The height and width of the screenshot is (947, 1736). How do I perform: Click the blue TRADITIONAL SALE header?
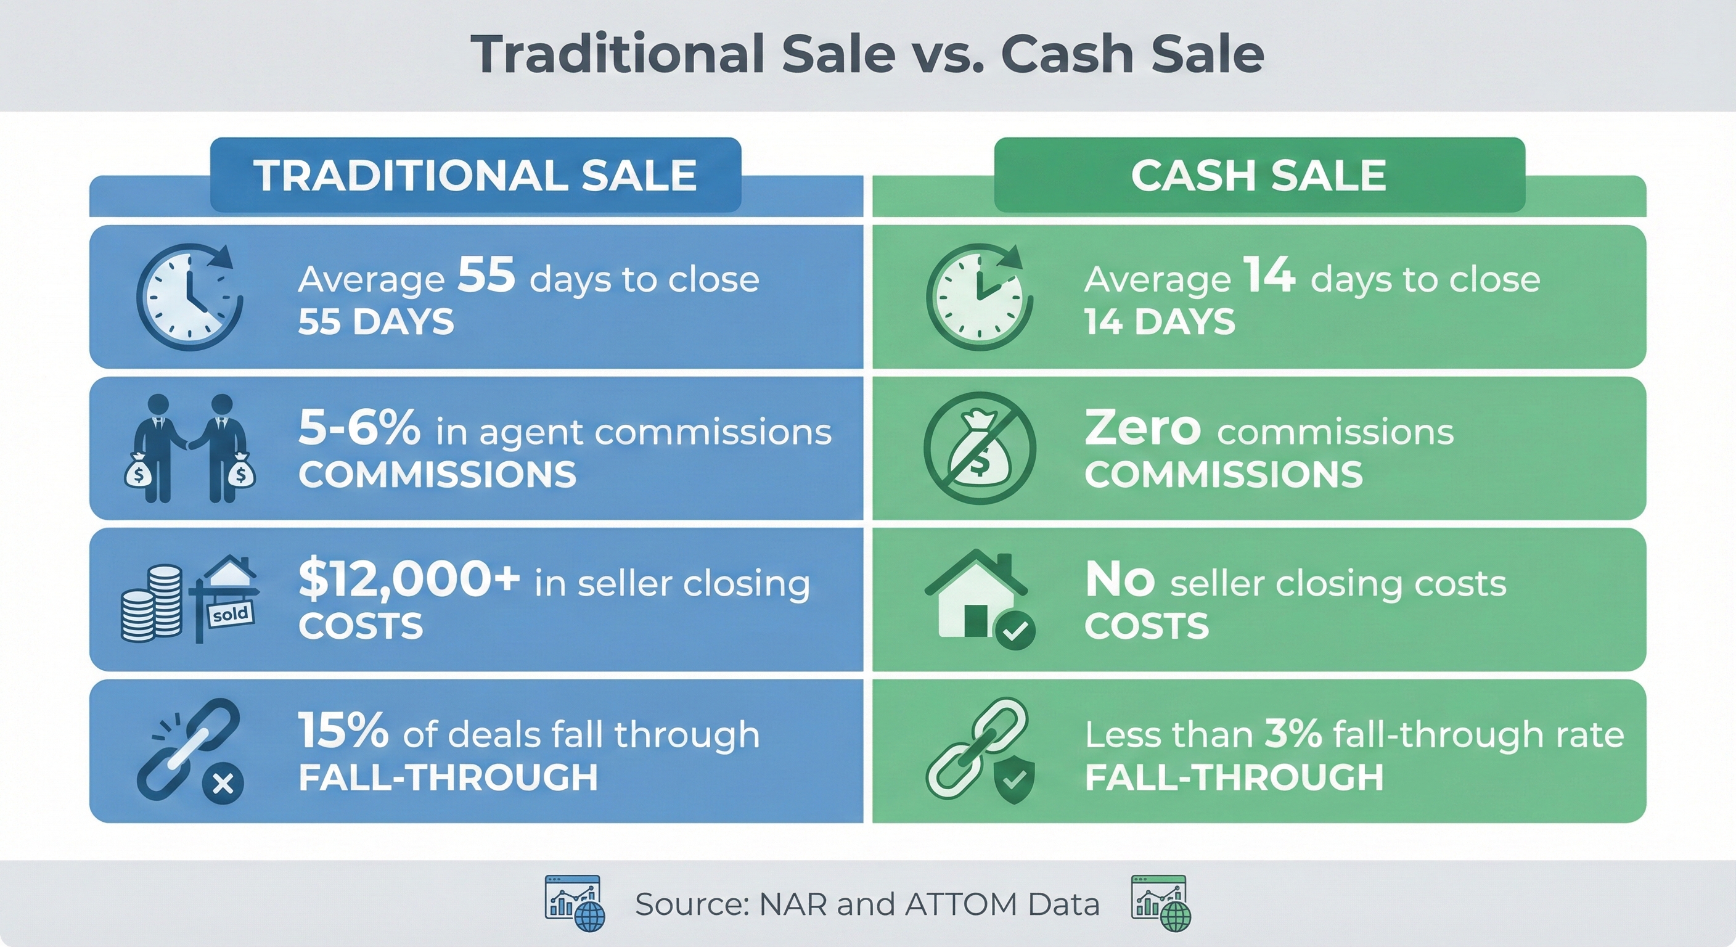coord(475,175)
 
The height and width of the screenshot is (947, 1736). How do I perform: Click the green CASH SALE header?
coord(1258,175)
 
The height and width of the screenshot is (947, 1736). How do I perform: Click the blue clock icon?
coord(189,297)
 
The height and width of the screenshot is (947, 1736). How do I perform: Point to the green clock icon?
coord(978,297)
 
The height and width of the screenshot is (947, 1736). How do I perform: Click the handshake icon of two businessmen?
coord(189,448)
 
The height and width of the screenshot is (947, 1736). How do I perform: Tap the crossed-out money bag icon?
coord(978,448)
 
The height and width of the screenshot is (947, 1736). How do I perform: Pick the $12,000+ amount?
coord(408,580)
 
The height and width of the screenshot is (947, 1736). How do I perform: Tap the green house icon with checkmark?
coord(978,597)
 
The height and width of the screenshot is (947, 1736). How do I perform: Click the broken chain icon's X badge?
coord(223,784)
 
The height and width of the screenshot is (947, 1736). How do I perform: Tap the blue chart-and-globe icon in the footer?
coord(575,903)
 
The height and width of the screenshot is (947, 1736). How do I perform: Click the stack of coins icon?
coord(152,603)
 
